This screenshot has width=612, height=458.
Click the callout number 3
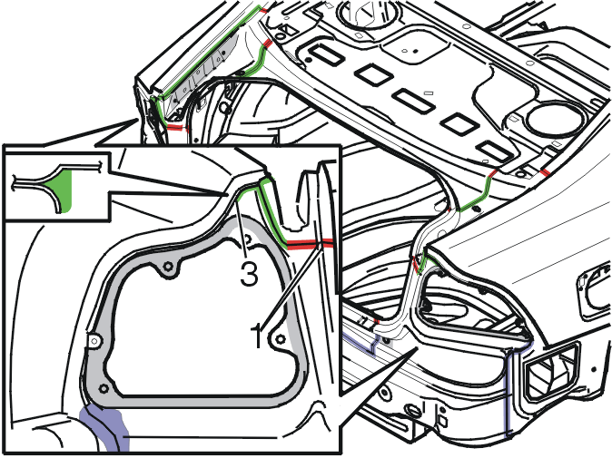[x=249, y=274]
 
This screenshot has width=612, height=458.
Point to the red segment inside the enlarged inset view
[x=310, y=244]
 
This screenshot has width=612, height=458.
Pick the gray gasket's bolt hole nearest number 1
[x=280, y=338]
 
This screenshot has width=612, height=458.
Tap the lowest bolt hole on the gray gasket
[x=104, y=388]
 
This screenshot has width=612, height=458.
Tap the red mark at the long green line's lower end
[x=174, y=128]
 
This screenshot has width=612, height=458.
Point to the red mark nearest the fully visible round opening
[x=545, y=172]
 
